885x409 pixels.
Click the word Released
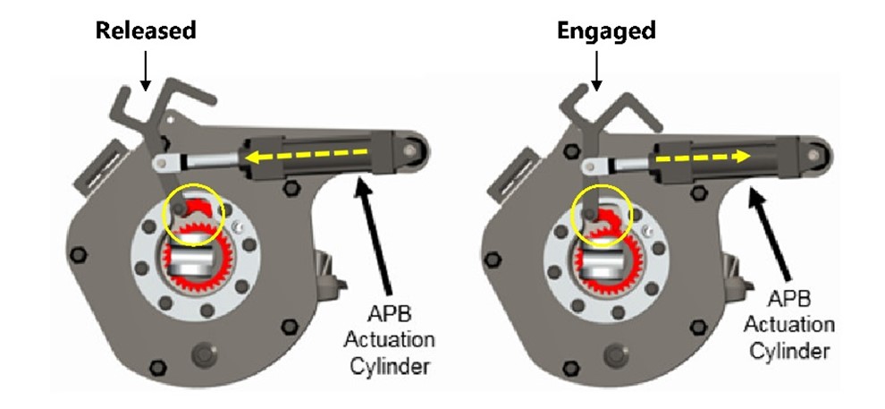tap(146, 31)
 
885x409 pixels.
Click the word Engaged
tap(606, 31)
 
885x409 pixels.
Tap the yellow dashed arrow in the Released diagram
tap(309, 158)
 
